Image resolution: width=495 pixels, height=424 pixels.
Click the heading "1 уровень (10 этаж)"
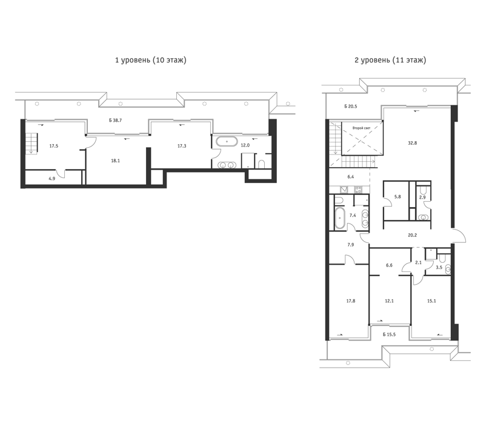[x=151, y=60]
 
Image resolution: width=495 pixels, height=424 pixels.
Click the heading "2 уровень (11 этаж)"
[x=390, y=60]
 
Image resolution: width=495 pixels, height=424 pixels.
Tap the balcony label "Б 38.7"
[x=116, y=121]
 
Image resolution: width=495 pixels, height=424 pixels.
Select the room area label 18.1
[x=115, y=161]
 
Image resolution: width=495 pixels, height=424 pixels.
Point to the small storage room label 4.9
[x=51, y=179]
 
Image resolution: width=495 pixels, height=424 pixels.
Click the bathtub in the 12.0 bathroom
[x=227, y=142]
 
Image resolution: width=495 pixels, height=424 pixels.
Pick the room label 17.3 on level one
[x=182, y=146]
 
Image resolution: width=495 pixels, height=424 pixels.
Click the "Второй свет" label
[x=362, y=128]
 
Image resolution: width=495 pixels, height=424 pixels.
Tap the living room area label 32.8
[x=412, y=143]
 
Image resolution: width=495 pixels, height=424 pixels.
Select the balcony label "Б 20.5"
[x=351, y=107]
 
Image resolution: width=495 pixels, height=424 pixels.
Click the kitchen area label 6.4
[x=350, y=177]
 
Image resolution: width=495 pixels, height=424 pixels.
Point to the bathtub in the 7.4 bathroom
[x=340, y=218]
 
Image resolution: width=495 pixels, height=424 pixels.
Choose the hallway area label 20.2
[x=412, y=235]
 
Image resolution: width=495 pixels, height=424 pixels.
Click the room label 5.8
[x=397, y=197]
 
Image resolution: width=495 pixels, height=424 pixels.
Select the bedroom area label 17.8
[x=350, y=301]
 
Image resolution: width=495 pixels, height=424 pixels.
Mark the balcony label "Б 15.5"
[x=389, y=334]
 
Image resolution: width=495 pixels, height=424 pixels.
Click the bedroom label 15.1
[x=431, y=301]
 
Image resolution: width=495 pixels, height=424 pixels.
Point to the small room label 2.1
[x=418, y=262]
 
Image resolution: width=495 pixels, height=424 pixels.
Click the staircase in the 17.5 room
[x=32, y=143]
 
